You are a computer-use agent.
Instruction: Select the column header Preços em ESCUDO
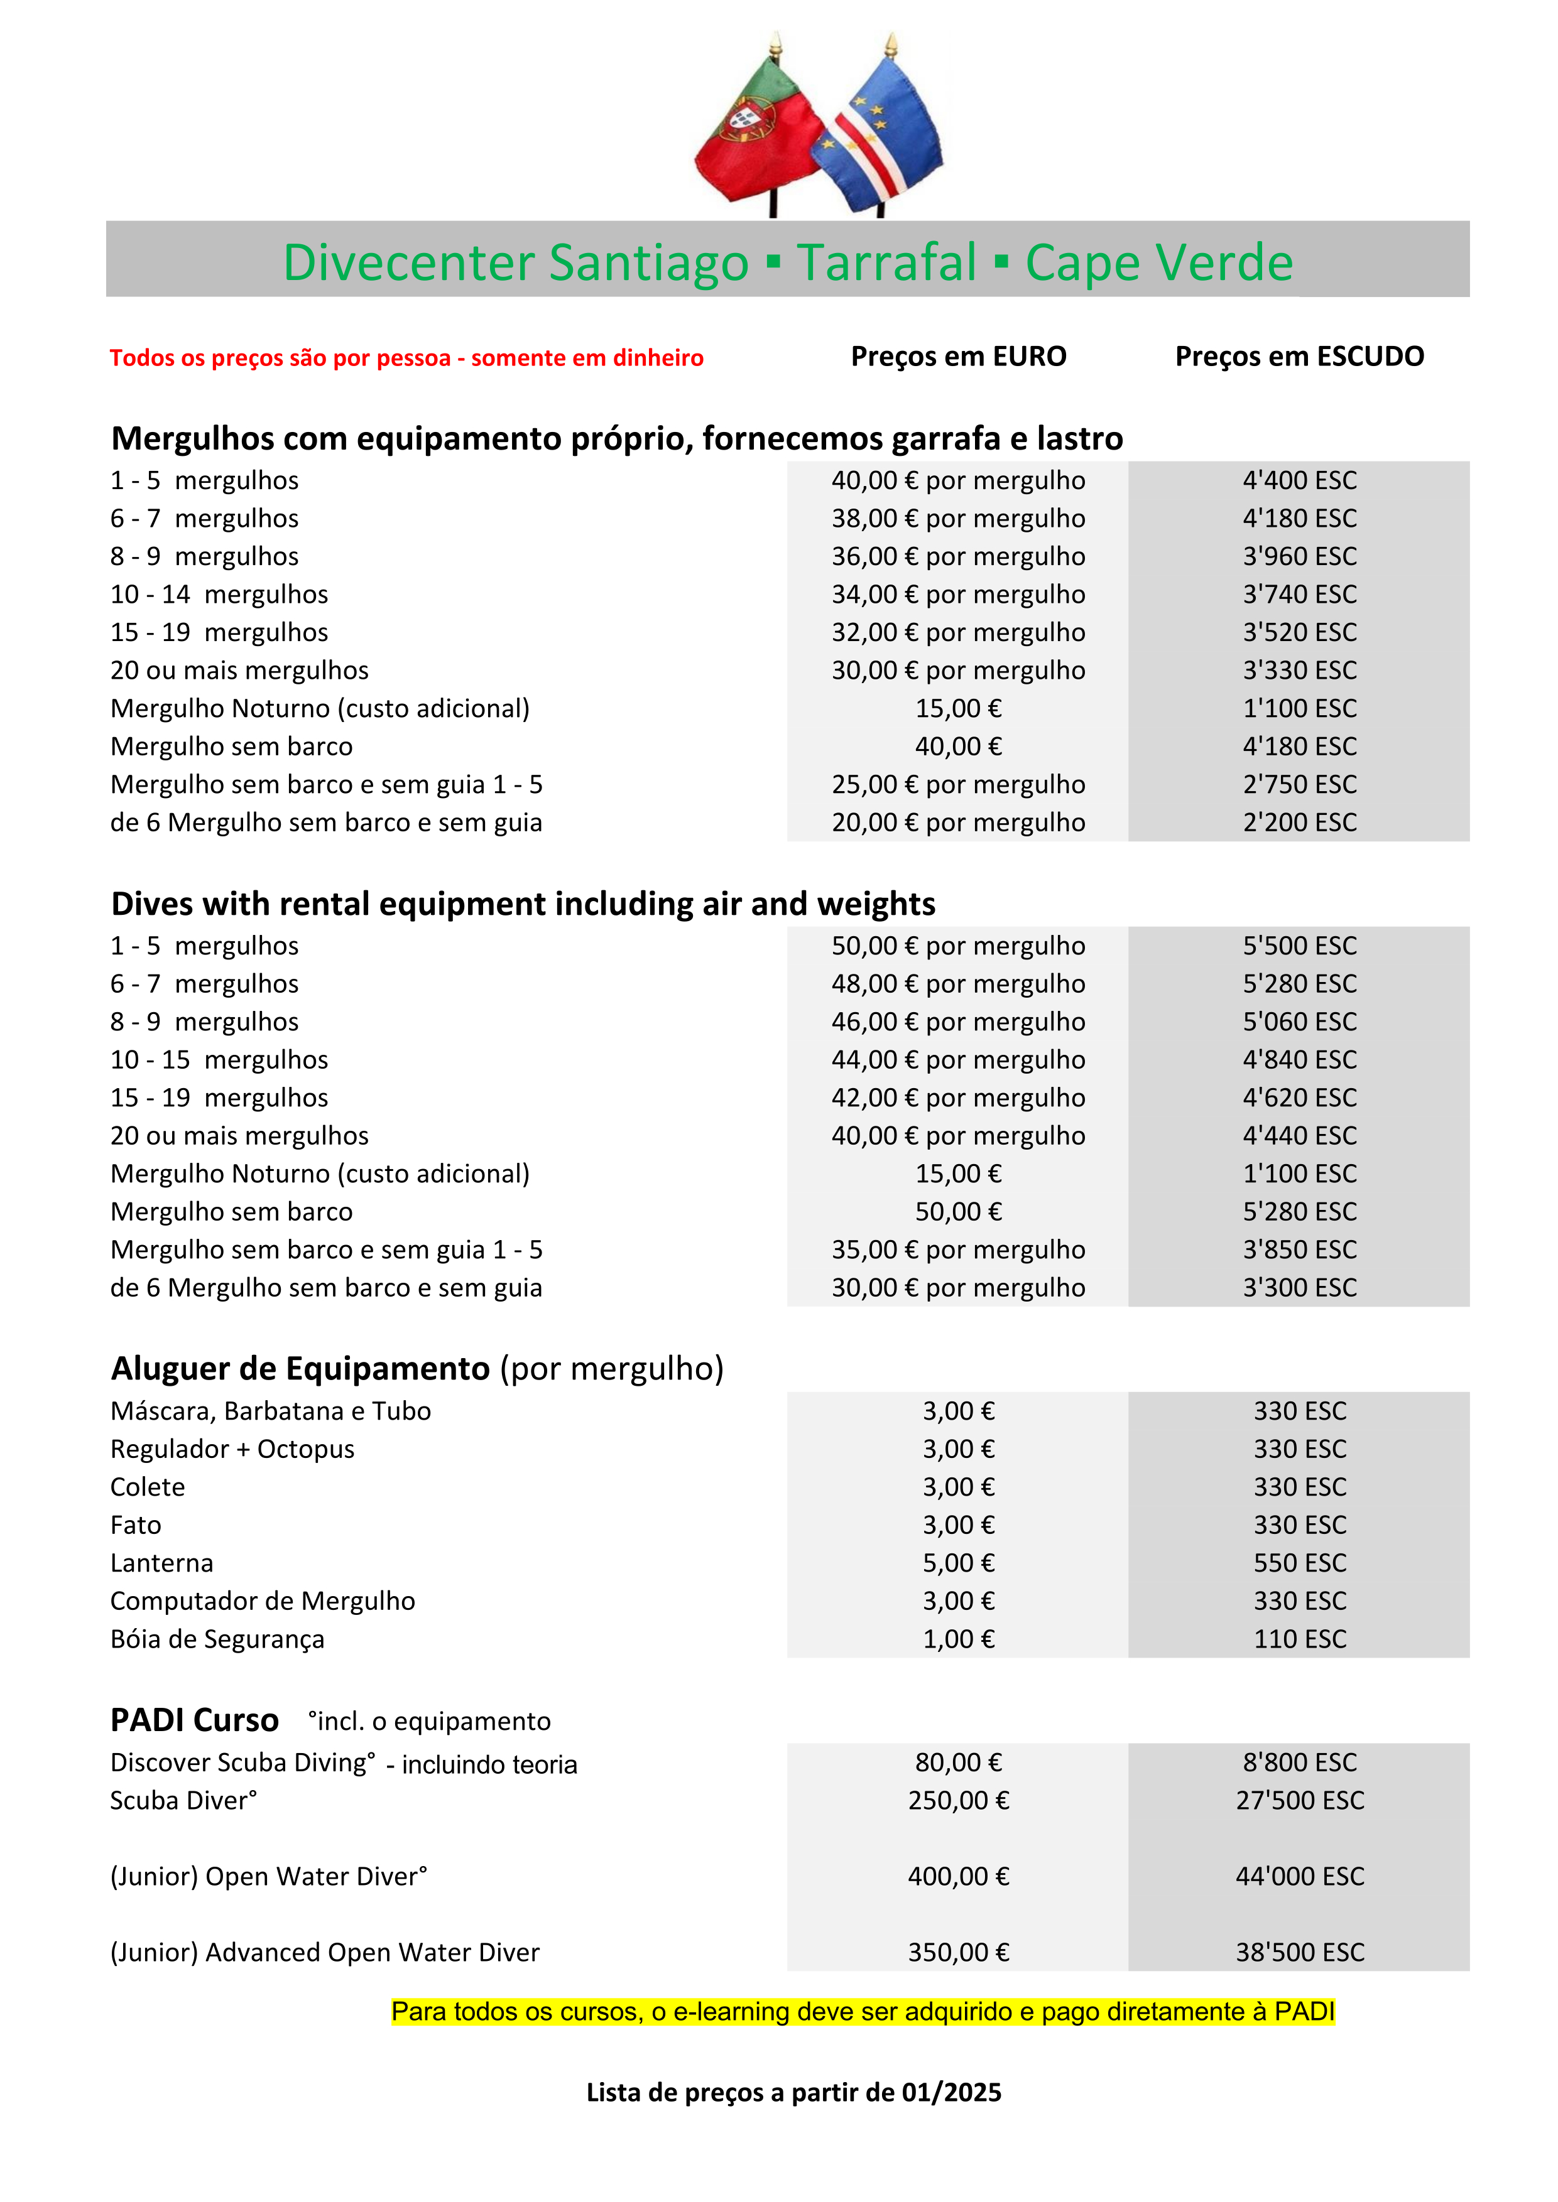coord(1299,357)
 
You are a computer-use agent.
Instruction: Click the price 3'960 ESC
coord(1299,556)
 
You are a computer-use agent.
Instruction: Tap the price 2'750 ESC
coord(1299,784)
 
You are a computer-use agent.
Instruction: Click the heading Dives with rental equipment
coord(523,904)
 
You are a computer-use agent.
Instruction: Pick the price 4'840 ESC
coord(1299,1060)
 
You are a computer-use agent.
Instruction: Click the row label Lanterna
coord(161,1563)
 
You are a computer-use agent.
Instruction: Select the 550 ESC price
coord(1299,1563)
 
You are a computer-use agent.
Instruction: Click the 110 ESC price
coord(1299,1639)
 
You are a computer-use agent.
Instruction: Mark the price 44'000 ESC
coord(1299,1876)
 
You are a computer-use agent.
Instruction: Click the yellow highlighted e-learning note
coord(863,2011)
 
